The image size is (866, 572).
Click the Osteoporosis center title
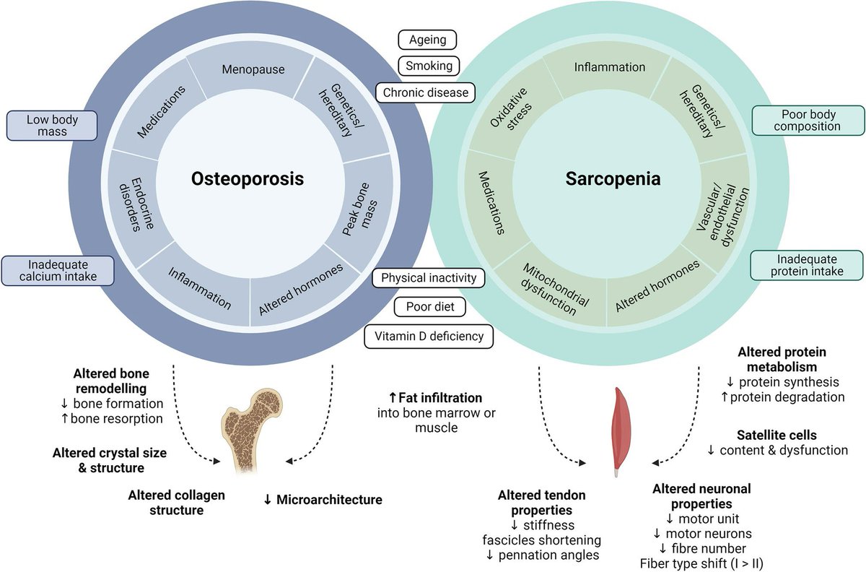[247, 178]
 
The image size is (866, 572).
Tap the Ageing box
[427, 40]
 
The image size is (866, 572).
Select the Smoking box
[428, 66]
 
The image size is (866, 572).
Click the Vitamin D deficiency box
[429, 337]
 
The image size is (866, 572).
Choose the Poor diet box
[429, 306]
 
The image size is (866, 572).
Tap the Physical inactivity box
[429, 278]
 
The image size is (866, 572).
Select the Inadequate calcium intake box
[58, 269]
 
